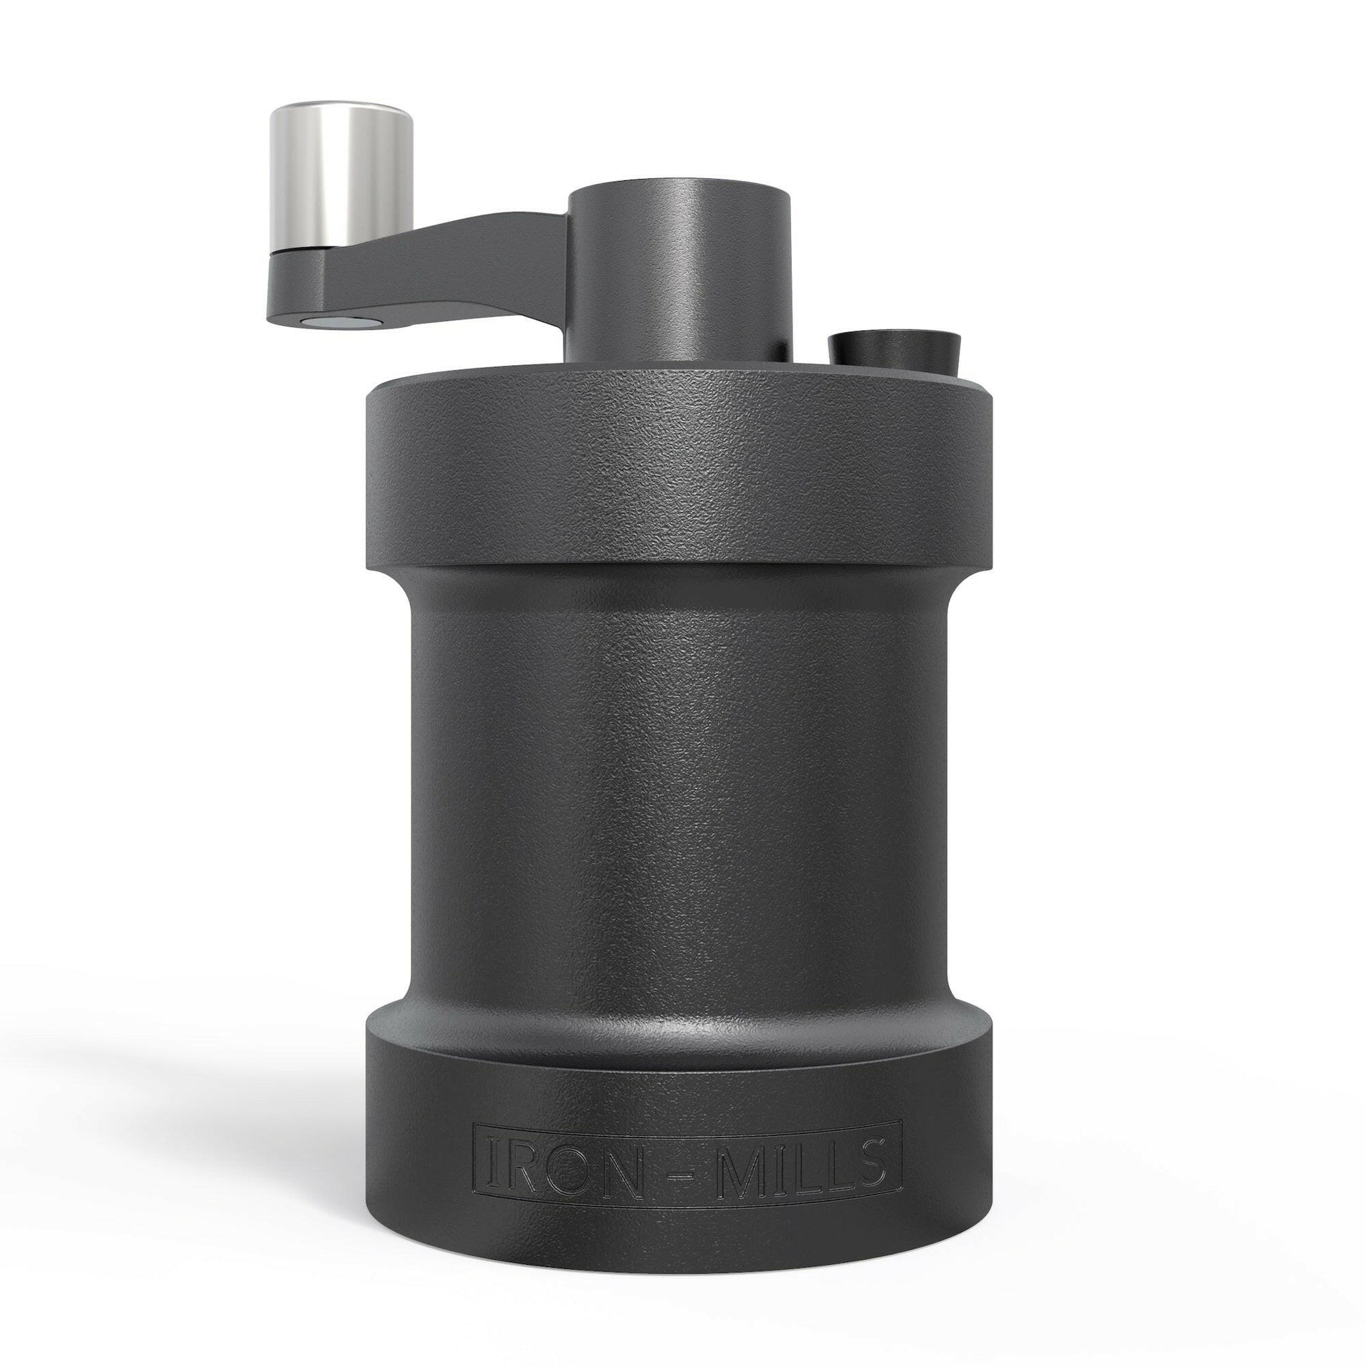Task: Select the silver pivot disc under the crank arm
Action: pyautogui.click(x=339, y=322)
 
